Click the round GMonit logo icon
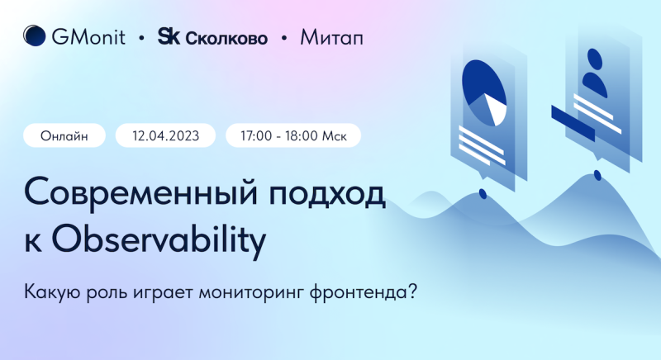[x=34, y=36]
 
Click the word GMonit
[x=88, y=36]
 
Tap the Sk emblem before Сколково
[x=169, y=36]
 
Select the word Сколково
[x=226, y=38]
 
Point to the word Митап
[x=331, y=37]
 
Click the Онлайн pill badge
[x=64, y=135]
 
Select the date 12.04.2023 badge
[x=165, y=135]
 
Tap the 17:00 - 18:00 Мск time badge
[x=293, y=135]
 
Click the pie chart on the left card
[x=484, y=93]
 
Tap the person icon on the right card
[x=594, y=73]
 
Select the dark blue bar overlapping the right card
[x=573, y=123]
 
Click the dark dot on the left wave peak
[x=483, y=194]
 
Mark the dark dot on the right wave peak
[x=597, y=175]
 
